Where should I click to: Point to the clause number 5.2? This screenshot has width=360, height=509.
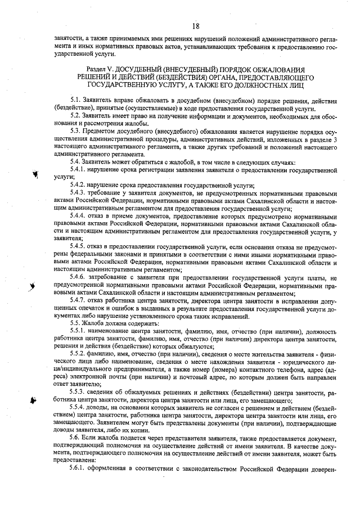pos(76,115)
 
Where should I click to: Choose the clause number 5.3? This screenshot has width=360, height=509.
pos(76,130)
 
